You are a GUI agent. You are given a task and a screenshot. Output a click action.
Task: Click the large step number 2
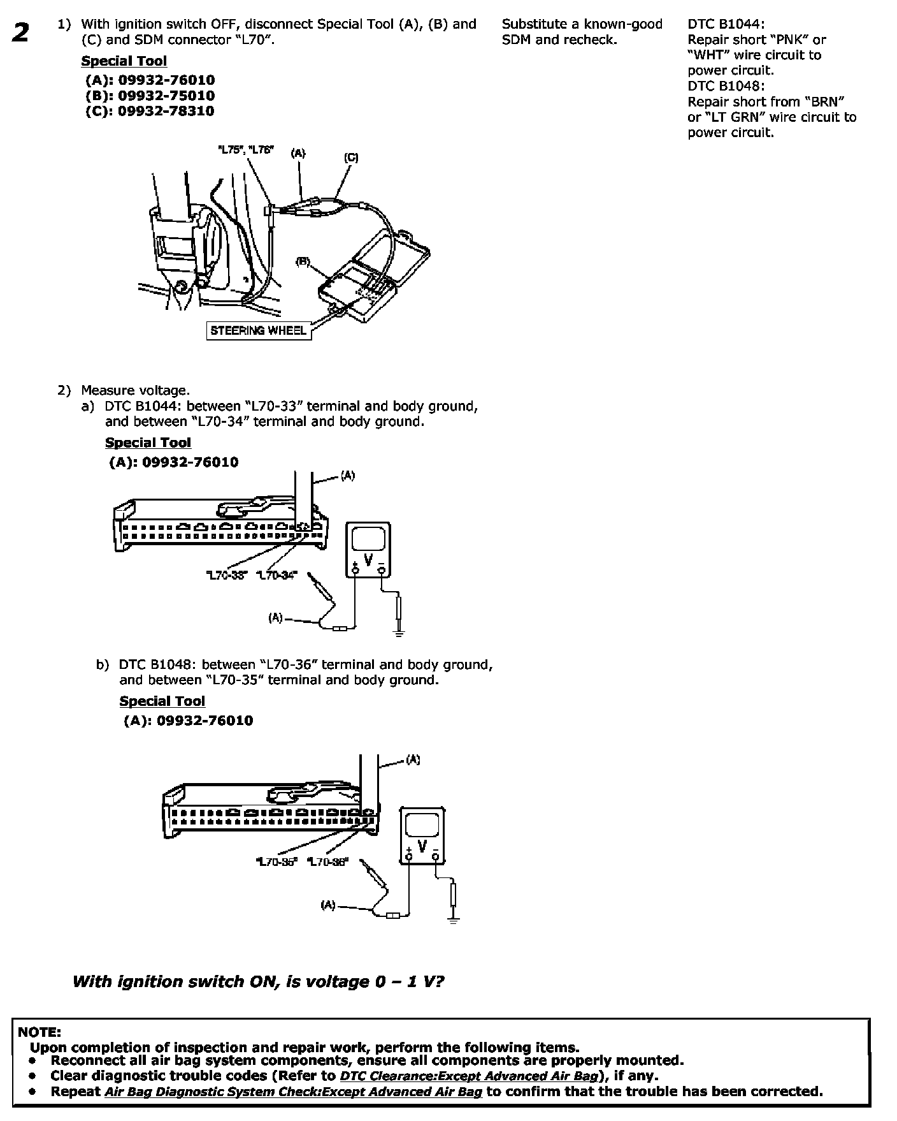(x=20, y=33)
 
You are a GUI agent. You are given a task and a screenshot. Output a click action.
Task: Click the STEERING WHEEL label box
(x=258, y=330)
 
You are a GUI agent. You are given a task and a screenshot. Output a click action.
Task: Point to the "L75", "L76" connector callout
(x=245, y=150)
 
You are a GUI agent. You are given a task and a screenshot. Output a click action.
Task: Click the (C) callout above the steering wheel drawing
(x=351, y=158)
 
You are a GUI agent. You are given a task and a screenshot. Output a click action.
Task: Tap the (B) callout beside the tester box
(x=303, y=261)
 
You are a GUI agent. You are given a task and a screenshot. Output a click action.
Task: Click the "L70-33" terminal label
(x=226, y=575)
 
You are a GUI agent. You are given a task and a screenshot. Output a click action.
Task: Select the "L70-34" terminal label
(x=276, y=575)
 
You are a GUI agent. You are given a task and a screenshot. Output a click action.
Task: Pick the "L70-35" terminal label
(x=276, y=861)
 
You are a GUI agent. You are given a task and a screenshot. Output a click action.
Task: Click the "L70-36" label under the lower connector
(x=327, y=861)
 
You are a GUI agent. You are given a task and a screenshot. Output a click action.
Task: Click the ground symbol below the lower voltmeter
(x=454, y=918)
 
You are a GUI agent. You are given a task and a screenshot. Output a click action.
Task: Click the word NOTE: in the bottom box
(x=39, y=1031)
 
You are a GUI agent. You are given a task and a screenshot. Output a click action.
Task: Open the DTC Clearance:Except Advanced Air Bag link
(x=470, y=1076)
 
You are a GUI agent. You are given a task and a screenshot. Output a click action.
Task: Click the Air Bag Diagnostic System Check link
(x=293, y=1091)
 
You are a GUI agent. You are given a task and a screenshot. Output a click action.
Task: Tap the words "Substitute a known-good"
(x=582, y=24)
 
